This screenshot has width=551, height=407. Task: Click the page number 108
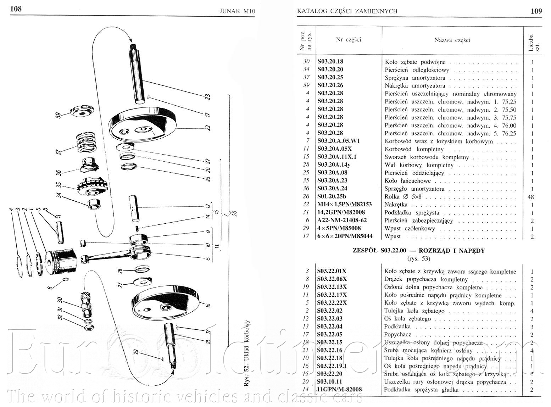16,9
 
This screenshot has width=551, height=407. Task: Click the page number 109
536,11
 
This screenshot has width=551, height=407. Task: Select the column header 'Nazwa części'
452,40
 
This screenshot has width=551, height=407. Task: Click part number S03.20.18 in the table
330,61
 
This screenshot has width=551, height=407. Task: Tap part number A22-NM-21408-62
342,220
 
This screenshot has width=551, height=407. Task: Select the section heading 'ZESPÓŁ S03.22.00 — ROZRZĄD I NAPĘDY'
418,251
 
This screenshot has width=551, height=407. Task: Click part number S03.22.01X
332,272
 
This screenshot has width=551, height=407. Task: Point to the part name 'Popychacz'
398,334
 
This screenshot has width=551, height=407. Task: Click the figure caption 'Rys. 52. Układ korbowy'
247,358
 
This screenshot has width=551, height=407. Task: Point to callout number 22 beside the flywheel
208,127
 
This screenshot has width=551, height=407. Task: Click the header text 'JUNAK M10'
237,11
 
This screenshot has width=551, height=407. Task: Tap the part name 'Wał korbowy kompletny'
419,165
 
